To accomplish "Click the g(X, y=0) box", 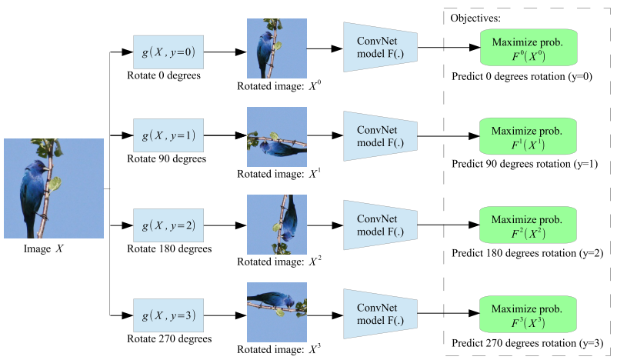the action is pyautogui.click(x=168, y=52).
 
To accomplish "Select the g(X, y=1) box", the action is pyautogui.click(x=168, y=135).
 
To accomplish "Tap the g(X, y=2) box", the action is pyautogui.click(x=168, y=225).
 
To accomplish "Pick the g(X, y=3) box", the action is pyautogui.click(x=168, y=315).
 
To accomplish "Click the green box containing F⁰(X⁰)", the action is pyautogui.click(x=529, y=48).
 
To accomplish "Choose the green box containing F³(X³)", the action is pyautogui.click(x=528, y=315).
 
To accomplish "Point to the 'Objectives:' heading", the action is pyautogui.click(x=475, y=18).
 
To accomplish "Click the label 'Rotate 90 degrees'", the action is pyautogui.click(x=166, y=158).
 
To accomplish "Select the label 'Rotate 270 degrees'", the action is pyautogui.click(x=169, y=338).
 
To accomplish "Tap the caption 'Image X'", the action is pyautogui.click(x=43, y=248).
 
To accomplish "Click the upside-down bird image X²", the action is pyautogui.click(x=277, y=225).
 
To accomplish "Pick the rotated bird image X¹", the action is pyautogui.click(x=277, y=137).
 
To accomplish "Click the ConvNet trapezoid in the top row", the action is pyautogui.click(x=381, y=47).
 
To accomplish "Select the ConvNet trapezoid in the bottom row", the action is pyautogui.click(x=381, y=314).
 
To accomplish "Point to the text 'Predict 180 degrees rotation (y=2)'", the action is pyautogui.click(x=527, y=253).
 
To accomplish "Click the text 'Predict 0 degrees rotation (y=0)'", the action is pyautogui.click(x=522, y=76).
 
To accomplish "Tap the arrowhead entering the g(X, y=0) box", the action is pyautogui.click(x=128, y=52).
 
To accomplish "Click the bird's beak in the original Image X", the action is pyautogui.click(x=47, y=168).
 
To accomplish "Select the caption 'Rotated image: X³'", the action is pyautogui.click(x=279, y=349).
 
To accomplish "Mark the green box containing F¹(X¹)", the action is pyautogui.click(x=528, y=136).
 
